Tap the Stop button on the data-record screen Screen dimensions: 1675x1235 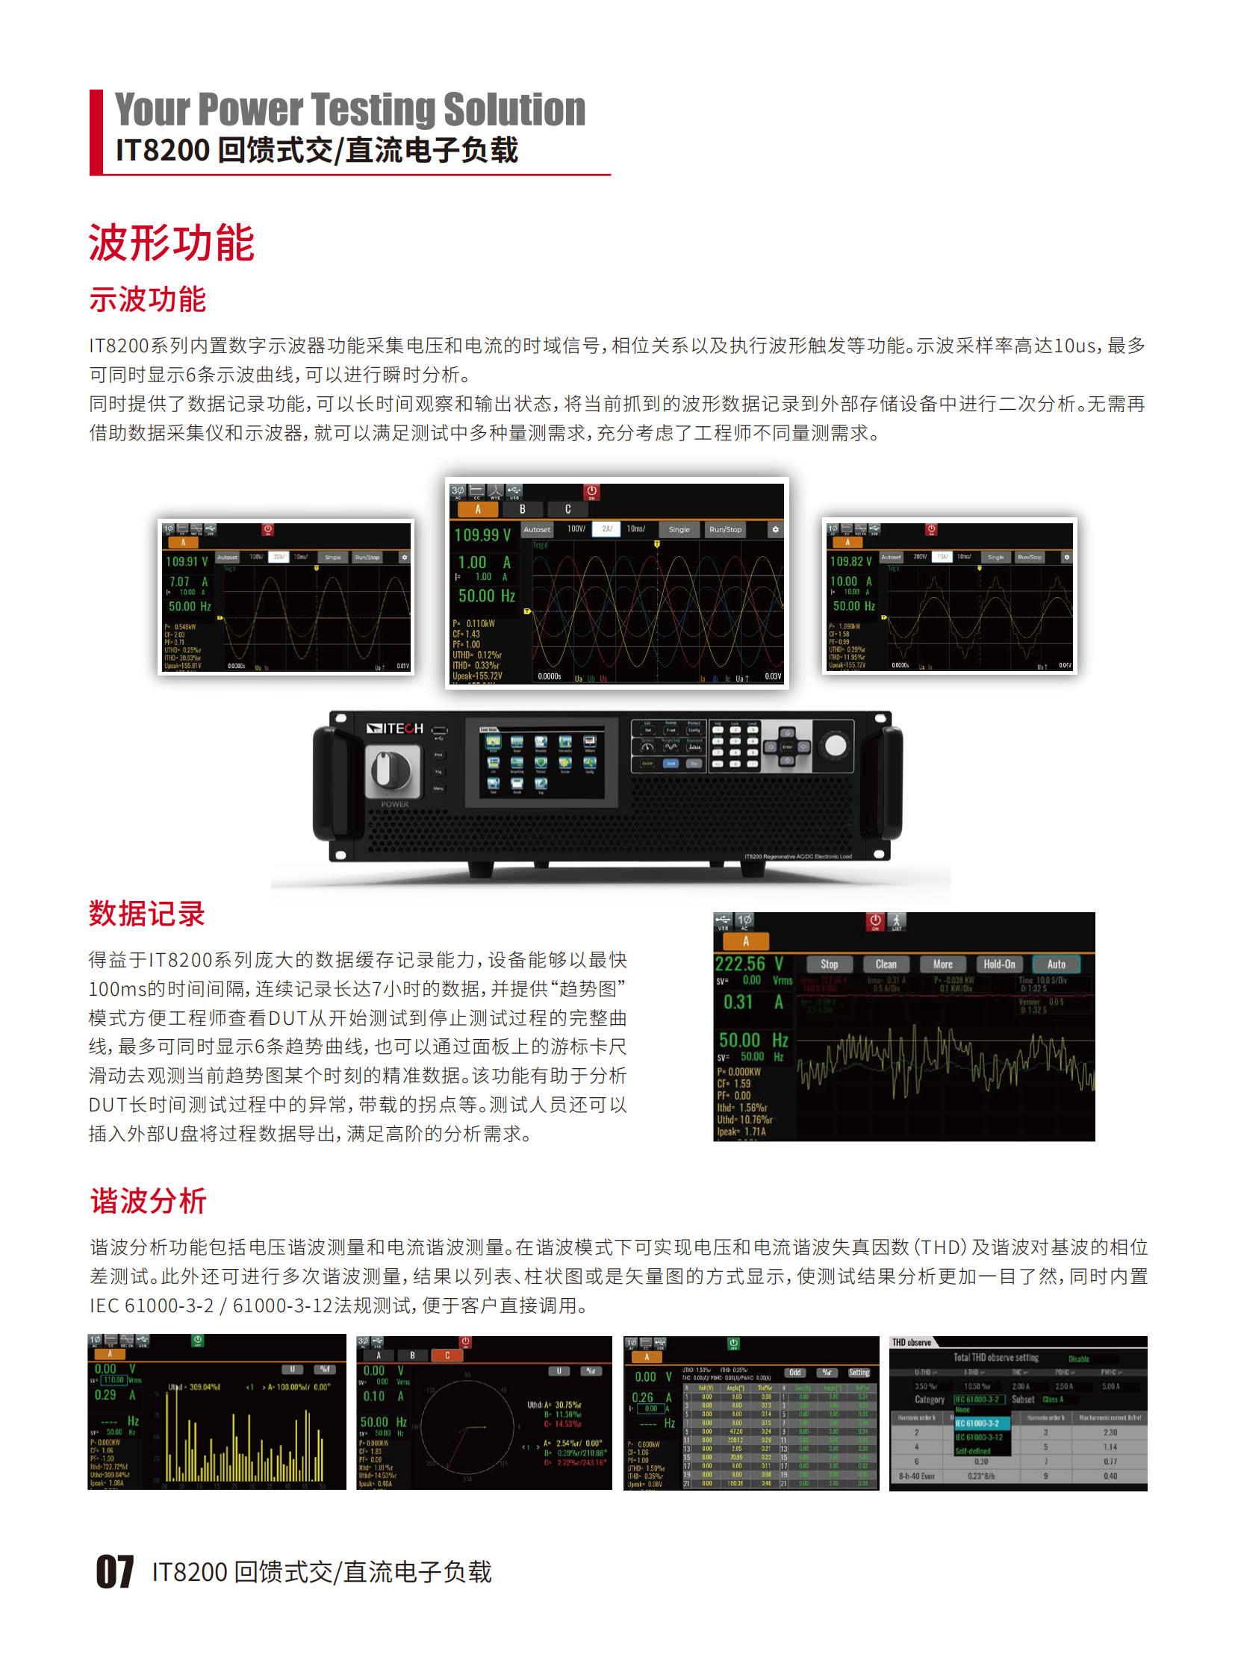(x=829, y=964)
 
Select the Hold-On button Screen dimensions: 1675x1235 (x=999, y=964)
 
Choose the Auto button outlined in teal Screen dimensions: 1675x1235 (x=1056, y=964)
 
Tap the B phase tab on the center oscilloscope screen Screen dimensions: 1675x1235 (x=523, y=509)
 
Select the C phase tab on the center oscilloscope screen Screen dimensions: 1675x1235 (x=568, y=509)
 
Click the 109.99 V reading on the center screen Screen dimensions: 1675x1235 (x=482, y=534)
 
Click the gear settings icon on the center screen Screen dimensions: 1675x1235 (x=775, y=529)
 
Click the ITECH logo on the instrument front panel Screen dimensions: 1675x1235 (x=394, y=728)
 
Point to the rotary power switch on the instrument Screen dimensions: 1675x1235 (x=391, y=773)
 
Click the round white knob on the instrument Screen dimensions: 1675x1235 (x=835, y=744)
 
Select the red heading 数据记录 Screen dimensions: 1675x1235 (x=146, y=914)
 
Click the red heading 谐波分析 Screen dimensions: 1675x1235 (x=148, y=1200)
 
